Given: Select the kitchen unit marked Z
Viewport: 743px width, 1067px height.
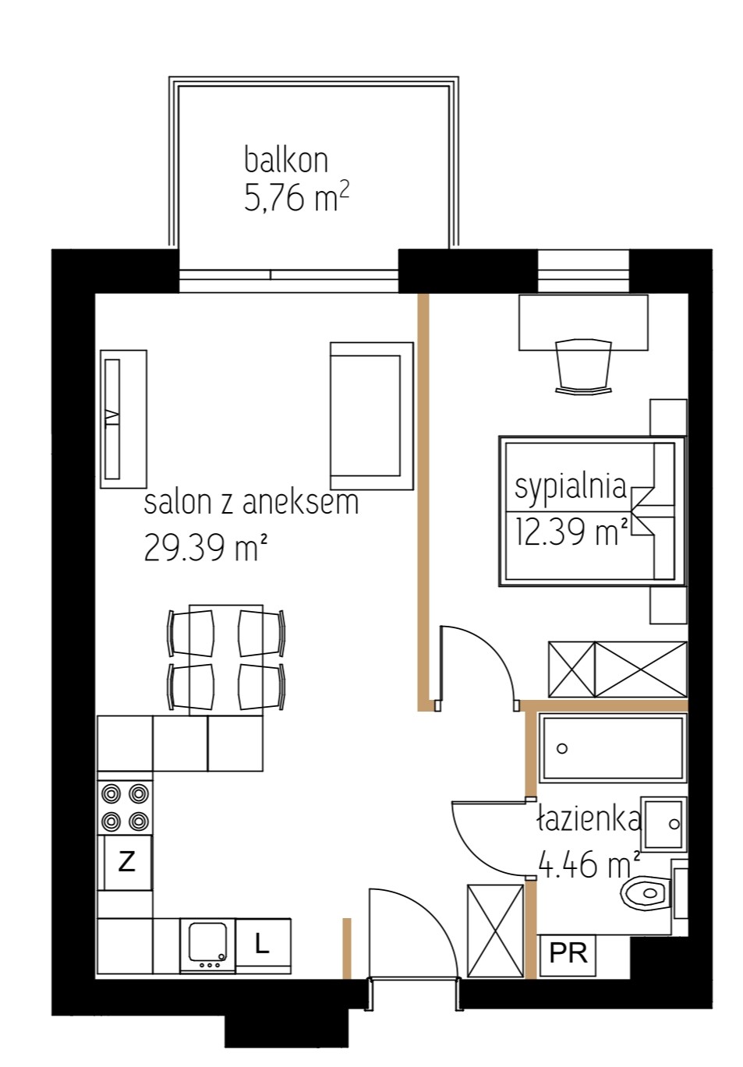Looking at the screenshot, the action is coord(126,862).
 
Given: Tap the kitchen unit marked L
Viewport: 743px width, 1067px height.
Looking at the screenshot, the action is coord(263,945).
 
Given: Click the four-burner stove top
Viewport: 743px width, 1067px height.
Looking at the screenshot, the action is coord(125,807).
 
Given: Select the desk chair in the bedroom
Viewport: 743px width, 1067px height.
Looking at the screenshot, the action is coord(584,366).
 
